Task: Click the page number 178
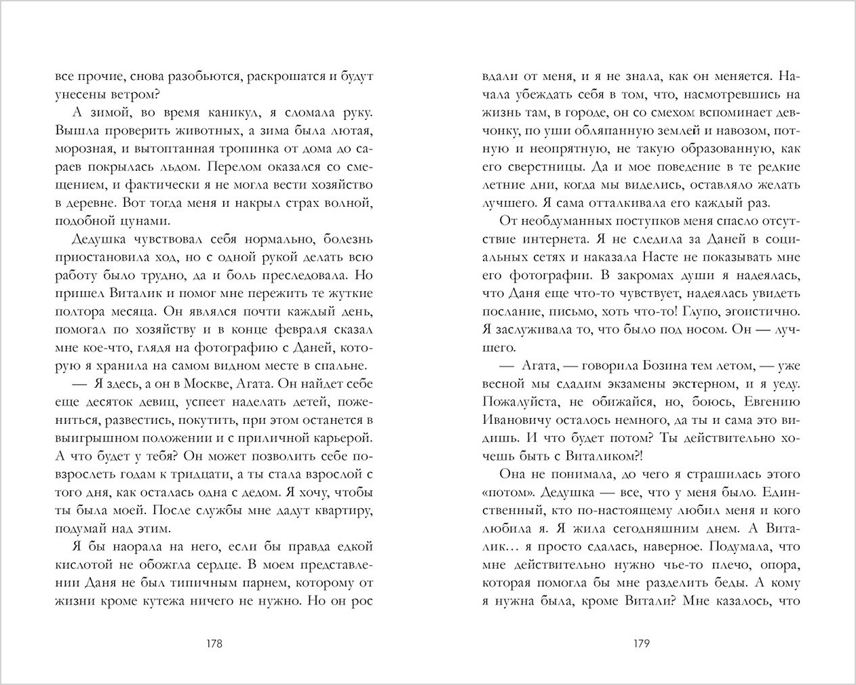click(x=214, y=644)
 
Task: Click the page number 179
click(x=642, y=644)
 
